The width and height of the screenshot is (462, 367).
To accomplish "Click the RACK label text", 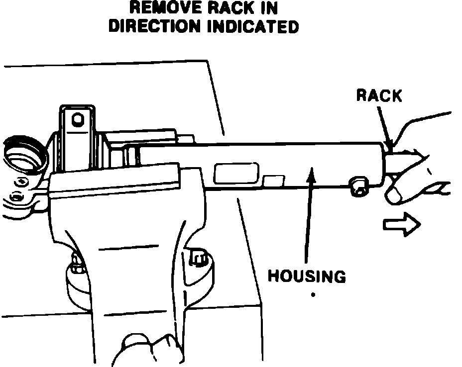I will (x=379, y=95).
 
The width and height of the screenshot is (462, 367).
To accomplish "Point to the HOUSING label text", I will (x=307, y=276).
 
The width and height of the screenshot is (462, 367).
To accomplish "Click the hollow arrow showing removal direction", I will (x=402, y=225).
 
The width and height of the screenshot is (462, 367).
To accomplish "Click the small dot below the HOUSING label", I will (x=313, y=294).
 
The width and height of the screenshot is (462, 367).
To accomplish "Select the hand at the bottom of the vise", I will (x=144, y=351).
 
